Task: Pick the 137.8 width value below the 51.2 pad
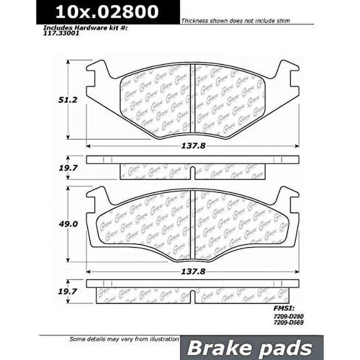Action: point(192,144)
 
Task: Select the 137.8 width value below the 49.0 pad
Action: point(192,272)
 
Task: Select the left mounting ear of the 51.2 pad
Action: point(97,75)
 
